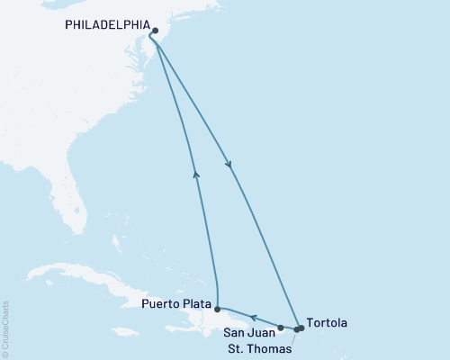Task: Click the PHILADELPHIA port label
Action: (105, 25)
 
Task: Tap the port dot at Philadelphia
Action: (156, 30)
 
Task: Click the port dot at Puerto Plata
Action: (217, 309)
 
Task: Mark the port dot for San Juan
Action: (281, 328)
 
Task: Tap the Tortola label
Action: (325, 322)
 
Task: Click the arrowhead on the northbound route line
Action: (195, 174)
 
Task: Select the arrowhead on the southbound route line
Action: (230, 165)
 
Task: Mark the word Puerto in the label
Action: (159, 304)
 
